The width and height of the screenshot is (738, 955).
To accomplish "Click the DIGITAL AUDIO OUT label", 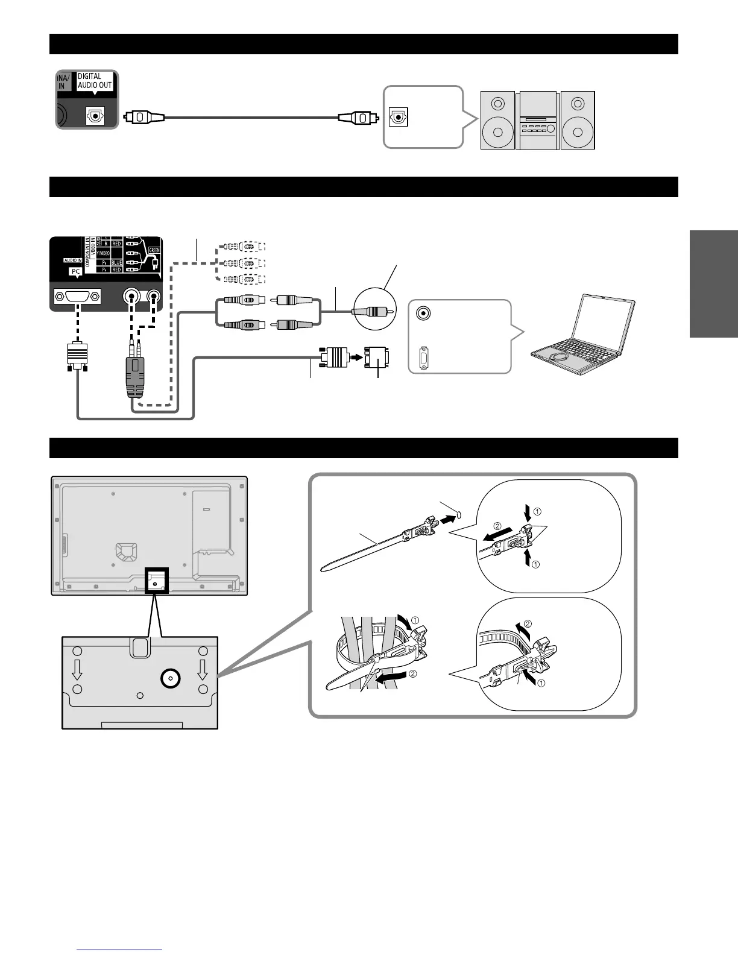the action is click(x=95, y=81).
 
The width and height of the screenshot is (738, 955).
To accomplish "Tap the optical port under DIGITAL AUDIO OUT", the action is click(x=95, y=116).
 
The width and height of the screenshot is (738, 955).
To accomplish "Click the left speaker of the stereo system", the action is click(x=498, y=120).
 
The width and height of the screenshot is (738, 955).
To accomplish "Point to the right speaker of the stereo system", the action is click(x=577, y=120).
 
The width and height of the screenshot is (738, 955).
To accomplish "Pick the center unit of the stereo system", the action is click(x=537, y=121).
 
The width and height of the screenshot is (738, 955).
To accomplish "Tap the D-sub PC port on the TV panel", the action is click(x=77, y=297).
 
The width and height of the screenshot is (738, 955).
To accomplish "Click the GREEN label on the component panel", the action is click(x=153, y=250).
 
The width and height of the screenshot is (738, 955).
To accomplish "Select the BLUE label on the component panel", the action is click(x=116, y=263).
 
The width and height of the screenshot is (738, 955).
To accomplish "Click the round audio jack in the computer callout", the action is click(x=424, y=313).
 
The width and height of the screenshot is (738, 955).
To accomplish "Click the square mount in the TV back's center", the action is click(x=126, y=551).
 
